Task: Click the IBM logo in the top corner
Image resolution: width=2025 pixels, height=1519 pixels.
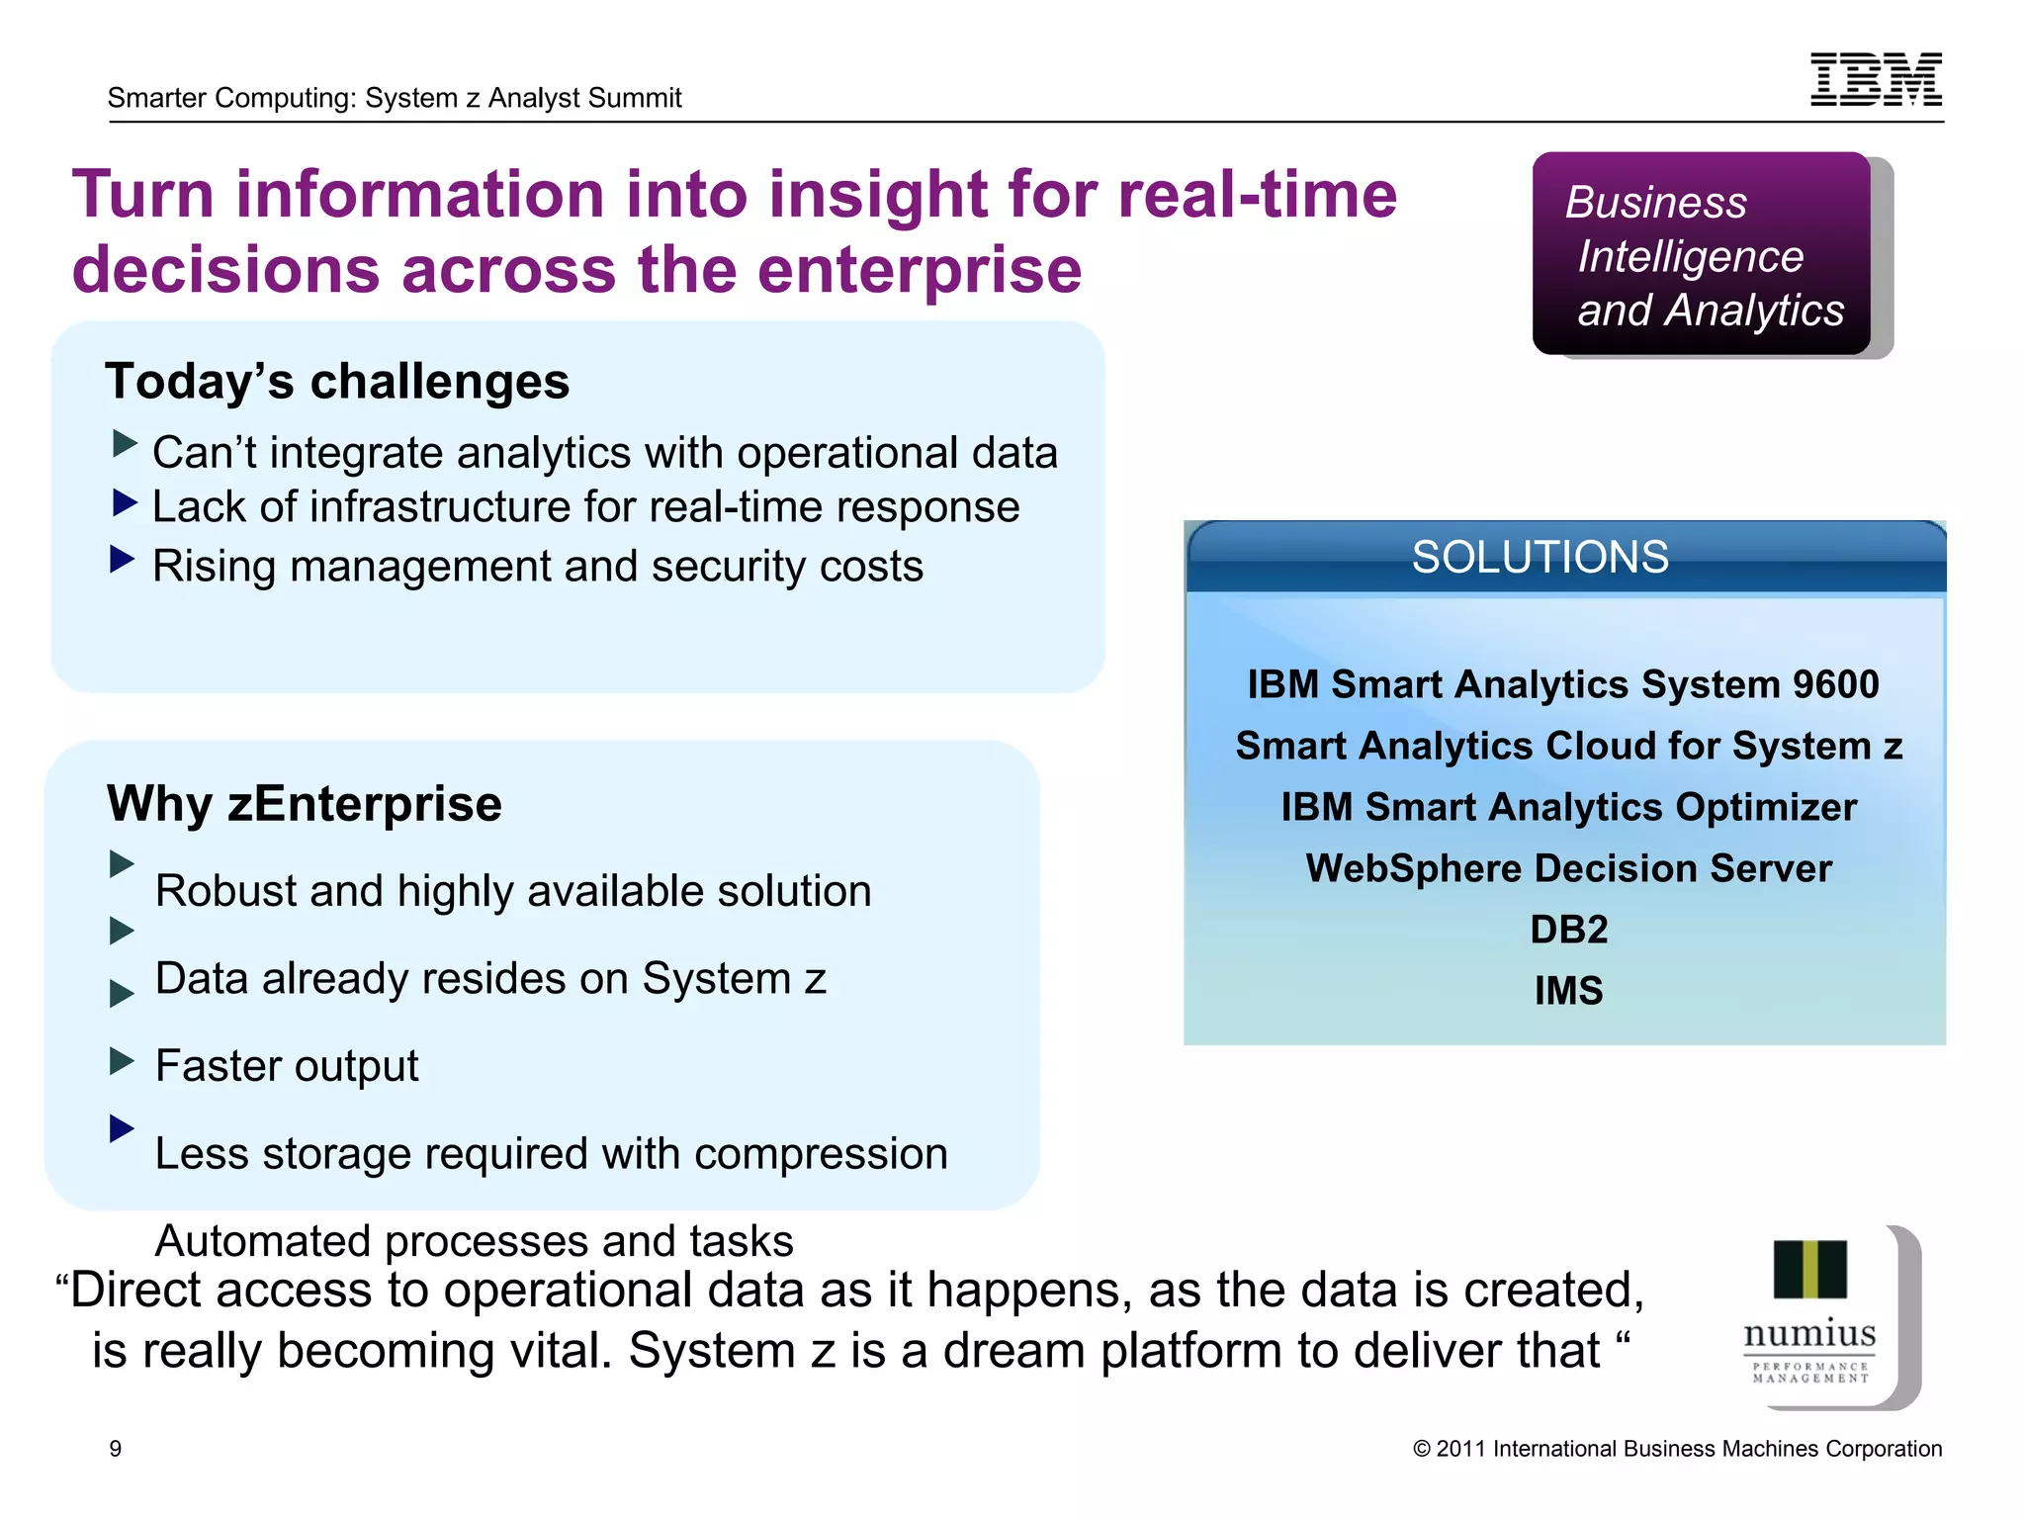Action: (1876, 79)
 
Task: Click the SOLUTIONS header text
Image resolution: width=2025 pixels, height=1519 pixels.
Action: (1540, 557)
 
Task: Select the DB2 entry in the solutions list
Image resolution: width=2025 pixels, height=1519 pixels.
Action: (1568, 930)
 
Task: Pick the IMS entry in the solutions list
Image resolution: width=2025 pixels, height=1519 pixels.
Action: (1568, 991)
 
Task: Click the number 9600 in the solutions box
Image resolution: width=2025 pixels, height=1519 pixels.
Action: (1835, 684)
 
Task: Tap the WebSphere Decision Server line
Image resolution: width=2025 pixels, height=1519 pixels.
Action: (1568, 868)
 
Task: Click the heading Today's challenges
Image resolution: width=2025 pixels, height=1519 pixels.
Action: (337, 382)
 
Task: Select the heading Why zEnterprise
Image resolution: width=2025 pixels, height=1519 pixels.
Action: (305, 803)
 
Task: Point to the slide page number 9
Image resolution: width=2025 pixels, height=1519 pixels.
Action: (116, 1449)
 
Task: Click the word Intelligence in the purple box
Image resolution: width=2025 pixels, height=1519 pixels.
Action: (1690, 257)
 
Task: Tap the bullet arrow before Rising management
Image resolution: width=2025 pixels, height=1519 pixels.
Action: (122, 560)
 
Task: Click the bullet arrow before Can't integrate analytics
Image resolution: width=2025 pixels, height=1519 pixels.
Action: (125, 444)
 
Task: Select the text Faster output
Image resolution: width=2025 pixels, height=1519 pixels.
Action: (287, 1066)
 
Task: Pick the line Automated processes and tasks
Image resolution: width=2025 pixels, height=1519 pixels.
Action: (475, 1241)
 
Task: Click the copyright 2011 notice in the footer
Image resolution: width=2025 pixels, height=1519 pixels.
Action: (1677, 1449)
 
